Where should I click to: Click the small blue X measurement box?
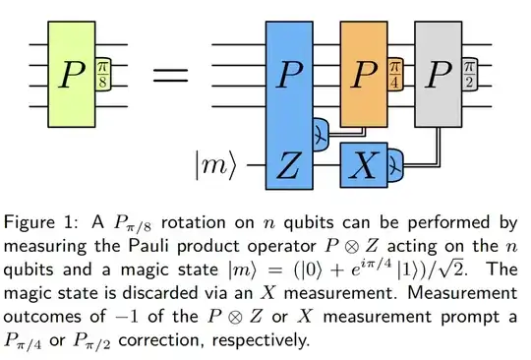tap(363, 165)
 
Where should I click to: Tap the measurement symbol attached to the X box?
tap(394, 165)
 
